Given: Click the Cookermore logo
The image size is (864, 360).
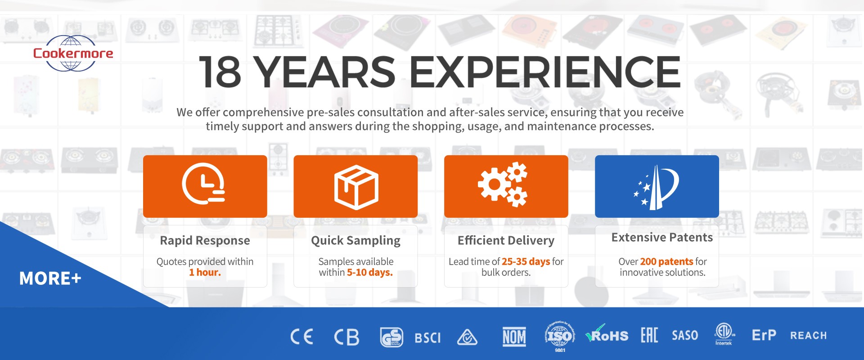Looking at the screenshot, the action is point(73,53).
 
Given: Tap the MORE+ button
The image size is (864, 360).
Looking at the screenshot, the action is point(50,278).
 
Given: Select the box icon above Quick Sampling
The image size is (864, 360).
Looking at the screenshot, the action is point(356,186).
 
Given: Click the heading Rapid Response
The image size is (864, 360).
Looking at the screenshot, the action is point(205,240).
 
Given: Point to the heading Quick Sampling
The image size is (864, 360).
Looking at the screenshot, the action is point(355,241).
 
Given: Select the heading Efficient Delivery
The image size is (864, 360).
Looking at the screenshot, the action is point(506,241).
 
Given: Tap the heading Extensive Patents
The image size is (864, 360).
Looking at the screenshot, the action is point(662,237).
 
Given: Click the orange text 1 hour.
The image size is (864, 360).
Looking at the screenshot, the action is point(205,272).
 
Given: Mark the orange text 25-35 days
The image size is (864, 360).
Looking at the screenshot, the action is point(526,261).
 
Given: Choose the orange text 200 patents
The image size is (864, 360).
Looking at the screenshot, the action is point(666,261).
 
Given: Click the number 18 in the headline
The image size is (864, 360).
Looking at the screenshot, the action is point(220,72).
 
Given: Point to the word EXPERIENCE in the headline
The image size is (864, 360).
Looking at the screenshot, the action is point(545,72).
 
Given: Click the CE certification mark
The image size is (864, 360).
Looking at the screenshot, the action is point(301,337).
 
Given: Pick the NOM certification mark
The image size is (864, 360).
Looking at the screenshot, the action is point(514,337).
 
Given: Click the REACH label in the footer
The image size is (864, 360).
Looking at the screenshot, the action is point(808,336).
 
